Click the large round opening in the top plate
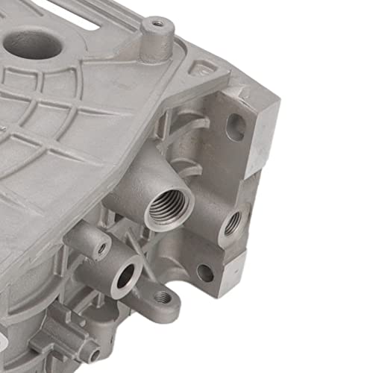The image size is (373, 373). pos(33,44)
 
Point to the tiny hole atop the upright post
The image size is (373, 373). pos(157,24)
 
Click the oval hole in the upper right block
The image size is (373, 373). pos(235,128)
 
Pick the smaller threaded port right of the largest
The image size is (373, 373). pos(232,222)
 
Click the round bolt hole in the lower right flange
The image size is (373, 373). pos(205,273)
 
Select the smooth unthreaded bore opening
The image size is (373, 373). pos(125,277)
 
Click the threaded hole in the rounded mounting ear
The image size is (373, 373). pos(162,297)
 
